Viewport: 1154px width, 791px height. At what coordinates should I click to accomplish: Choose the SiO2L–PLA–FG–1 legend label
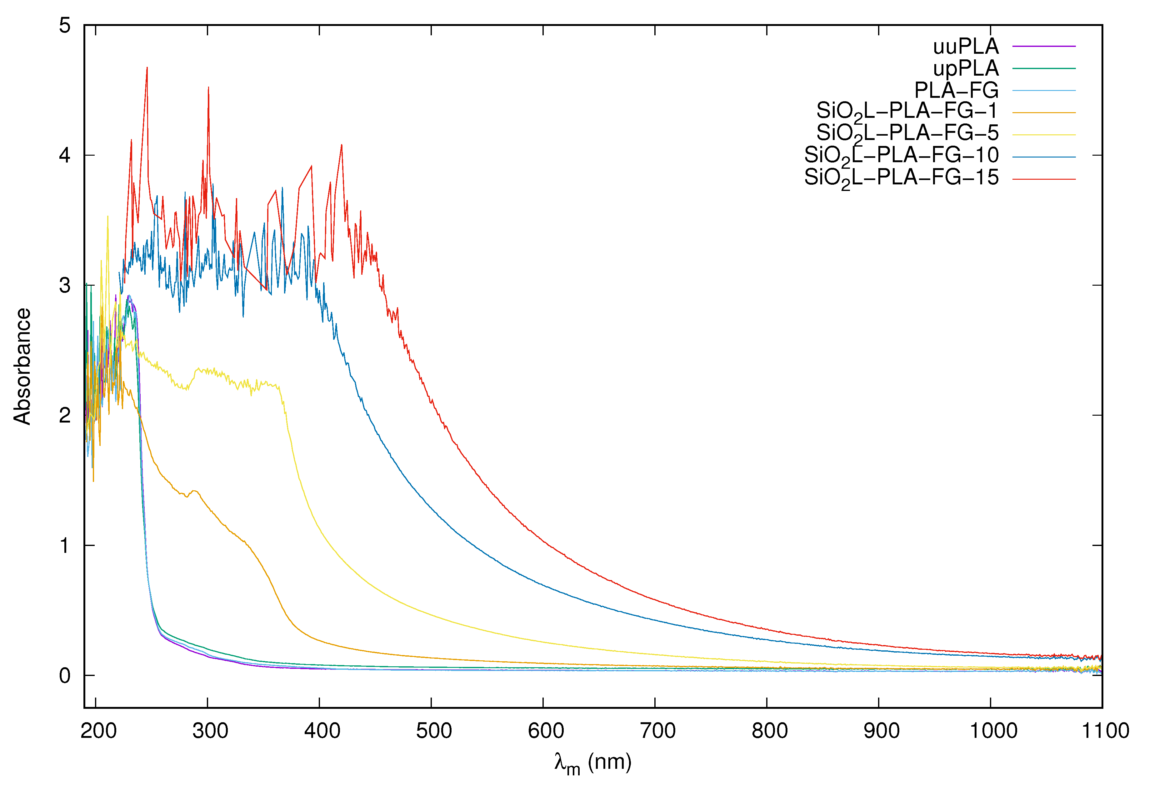pyautogui.click(x=907, y=112)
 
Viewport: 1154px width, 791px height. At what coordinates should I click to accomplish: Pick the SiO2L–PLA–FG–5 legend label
pyautogui.click(x=907, y=134)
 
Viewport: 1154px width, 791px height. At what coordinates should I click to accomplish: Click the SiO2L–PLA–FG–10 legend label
pyautogui.click(x=901, y=156)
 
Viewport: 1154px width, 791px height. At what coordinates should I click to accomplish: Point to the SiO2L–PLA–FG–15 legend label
pyautogui.click(x=901, y=178)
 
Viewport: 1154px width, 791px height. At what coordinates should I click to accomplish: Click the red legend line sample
pyautogui.click(x=1044, y=179)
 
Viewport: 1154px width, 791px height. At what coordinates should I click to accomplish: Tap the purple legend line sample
pyautogui.click(x=1044, y=46)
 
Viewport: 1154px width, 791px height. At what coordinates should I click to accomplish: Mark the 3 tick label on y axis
pyautogui.click(x=65, y=286)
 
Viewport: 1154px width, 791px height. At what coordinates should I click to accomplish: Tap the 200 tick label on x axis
pyautogui.click(x=98, y=731)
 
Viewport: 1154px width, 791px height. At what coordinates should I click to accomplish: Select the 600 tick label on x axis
pyautogui.click(x=546, y=731)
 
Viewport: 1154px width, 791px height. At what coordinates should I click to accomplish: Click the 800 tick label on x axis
pyautogui.click(x=769, y=731)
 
